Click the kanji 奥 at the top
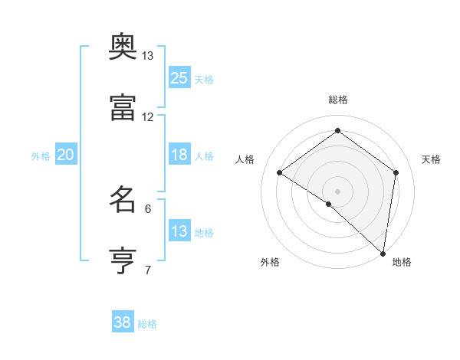(x=123, y=47)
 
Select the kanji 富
(x=123, y=109)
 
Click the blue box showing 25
(x=179, y=78)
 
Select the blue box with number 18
(x=179, y=155)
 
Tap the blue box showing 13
(x=179, y=231)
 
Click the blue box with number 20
(x=66, y=155)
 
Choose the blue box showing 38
(x=123, y=322)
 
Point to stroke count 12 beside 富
(x=148, y=117)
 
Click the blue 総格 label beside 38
(x=147, y=324)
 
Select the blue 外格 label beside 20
(x=41, y=156)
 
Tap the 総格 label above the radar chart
(x=337, y=100)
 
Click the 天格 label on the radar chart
(x=431, y=159)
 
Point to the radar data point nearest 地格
(x=383, y=253)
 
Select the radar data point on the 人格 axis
(x=280, y=172)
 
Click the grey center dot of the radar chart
(x=337, y=191)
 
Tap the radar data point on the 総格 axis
(x=337, y=131)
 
